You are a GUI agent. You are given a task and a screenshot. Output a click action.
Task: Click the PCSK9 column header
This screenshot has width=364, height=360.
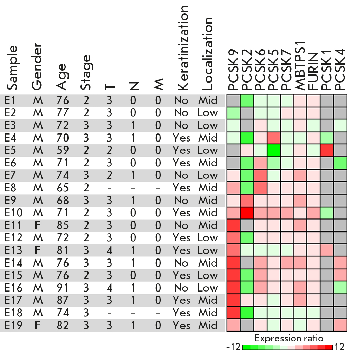[x=233, y=70]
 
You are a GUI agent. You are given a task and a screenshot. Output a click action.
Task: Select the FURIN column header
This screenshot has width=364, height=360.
[x=313, y=72]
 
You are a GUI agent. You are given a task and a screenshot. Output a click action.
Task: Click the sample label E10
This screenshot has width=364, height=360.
[x=13, y=213]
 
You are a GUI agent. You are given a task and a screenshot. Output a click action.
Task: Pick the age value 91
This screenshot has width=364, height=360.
[x=63, y=288]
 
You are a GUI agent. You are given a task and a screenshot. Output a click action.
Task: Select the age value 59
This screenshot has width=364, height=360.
[x=63, y=150]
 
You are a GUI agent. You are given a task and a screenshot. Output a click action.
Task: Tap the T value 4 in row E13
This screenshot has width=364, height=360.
[x=110, y=250]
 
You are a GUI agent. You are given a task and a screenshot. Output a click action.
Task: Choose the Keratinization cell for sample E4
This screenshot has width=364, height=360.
[x=181, y=138]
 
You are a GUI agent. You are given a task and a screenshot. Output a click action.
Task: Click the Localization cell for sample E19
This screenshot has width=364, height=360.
[x=208, y=326]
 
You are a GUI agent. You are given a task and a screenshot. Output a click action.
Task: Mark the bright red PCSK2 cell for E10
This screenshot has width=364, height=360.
[x=247, y=213]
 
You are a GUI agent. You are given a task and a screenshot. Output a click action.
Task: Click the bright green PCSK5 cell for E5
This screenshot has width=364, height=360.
[x=274, y=151]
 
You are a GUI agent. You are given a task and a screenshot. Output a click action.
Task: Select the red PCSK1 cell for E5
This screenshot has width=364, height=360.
[x=327, y=151]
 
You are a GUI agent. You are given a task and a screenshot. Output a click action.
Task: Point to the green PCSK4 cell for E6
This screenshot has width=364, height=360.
[x=340, y=163]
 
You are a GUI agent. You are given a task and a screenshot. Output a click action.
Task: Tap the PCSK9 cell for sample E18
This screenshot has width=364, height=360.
[x=233, y=313]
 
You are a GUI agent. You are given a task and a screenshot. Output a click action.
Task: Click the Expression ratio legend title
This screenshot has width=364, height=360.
[x=289, y=338]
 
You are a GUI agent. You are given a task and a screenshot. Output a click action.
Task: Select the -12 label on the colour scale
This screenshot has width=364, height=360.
[x=233, y=347]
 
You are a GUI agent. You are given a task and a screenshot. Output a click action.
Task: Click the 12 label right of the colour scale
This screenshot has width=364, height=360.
[x=339, y=347]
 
